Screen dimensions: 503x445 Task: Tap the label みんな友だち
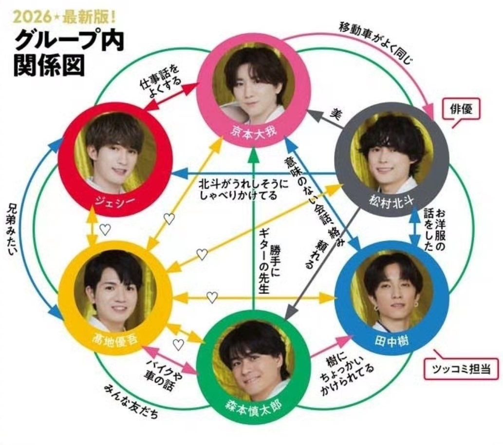tap(131, 401)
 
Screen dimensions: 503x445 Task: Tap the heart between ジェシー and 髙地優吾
tap(105, 229)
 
